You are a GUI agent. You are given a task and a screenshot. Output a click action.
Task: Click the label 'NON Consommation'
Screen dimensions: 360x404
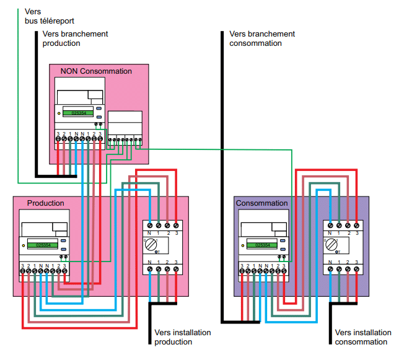96,71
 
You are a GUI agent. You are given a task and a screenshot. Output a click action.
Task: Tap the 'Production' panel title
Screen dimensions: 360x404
45,203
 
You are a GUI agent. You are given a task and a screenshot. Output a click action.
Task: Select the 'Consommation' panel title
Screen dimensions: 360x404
261,203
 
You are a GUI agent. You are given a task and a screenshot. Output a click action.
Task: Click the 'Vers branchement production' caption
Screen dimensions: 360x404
75,38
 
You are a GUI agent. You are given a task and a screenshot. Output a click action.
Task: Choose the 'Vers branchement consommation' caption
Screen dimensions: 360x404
261,38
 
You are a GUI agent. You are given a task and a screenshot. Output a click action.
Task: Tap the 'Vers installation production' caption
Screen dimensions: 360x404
182,337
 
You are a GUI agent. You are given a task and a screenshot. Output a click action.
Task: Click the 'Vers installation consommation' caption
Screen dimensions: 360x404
362,337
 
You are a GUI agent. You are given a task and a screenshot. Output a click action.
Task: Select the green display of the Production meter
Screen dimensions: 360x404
43,245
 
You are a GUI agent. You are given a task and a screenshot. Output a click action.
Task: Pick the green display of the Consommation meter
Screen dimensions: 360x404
260,245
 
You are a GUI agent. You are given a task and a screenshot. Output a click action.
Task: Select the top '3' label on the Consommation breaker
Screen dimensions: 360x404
358,233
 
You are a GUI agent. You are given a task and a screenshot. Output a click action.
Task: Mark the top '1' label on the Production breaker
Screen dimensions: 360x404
159,233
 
